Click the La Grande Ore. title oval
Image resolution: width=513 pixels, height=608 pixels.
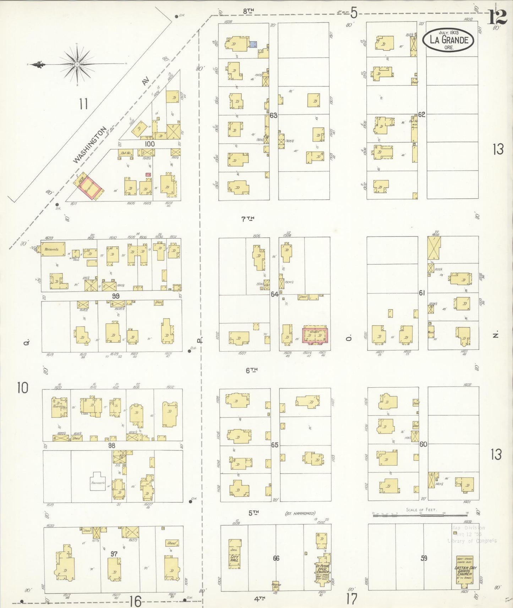click(x=449, y=40)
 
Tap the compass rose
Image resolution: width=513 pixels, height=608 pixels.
click(x=77, y=64)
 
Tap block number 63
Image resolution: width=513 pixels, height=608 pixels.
click(x=273, y=115)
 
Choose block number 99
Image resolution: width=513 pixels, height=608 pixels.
click(x=115, y=296)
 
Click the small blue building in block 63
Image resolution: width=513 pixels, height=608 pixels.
click(x=253, y=44)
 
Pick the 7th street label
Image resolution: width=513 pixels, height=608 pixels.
click(x=248, y=219)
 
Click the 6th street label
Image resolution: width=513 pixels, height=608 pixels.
click(x=251, y=370)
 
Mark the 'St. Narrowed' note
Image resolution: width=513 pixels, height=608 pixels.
click(x=300, y=513)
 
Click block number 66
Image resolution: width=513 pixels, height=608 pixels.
click(x=276, y=558)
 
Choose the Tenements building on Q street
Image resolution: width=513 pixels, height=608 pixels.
click(x=53, y=249)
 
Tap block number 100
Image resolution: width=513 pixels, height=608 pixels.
click(x=150, y=144)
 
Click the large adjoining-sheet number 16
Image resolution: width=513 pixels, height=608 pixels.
click(x=135, y=601)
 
